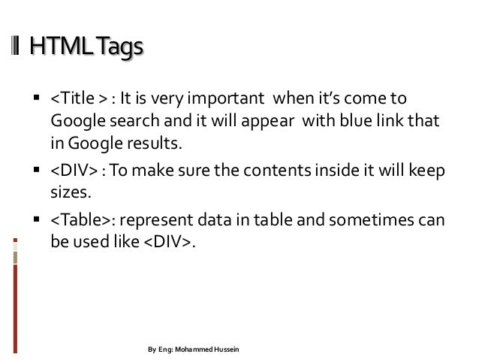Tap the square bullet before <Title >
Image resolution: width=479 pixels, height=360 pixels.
coord(35,101)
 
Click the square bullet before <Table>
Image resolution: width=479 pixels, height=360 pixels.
coord(35,221)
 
